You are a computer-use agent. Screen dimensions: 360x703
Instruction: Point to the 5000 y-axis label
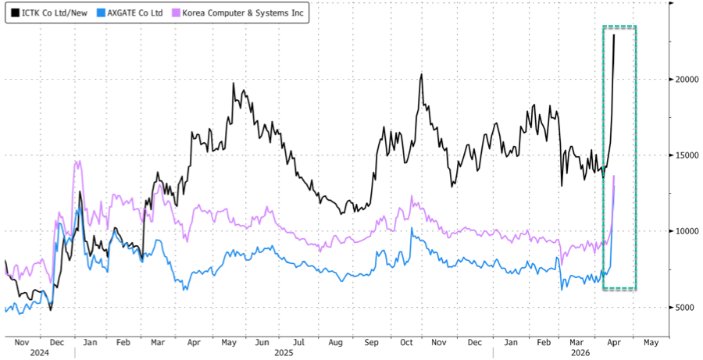683,308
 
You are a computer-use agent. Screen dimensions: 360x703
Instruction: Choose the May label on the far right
651,342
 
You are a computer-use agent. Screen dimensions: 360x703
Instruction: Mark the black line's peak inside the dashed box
614,34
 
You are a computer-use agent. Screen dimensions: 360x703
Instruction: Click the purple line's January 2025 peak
77,161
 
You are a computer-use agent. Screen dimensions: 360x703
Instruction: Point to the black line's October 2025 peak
421,75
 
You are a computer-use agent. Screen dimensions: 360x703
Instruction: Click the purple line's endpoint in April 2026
614,176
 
